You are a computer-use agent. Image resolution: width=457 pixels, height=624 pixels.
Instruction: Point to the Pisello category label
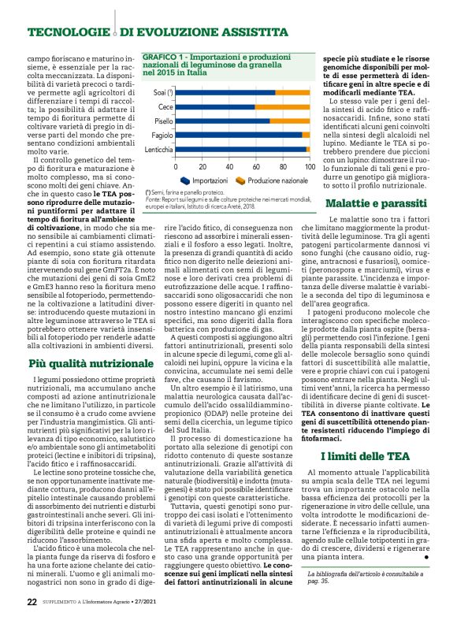(x=164, y=121)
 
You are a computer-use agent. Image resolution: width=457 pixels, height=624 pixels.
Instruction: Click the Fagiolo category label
(x=163, y=135)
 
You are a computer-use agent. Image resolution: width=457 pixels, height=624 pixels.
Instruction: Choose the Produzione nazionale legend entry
(x=270, y=180)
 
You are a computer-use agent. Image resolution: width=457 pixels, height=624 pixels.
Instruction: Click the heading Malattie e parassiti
(x=381, y=203)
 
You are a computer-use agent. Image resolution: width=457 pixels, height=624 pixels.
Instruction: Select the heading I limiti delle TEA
(x=381, y=433)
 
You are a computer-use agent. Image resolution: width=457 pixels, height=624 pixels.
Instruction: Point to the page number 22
(x=32, y=601)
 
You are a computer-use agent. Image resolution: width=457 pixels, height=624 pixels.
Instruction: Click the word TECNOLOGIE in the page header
(x=66, y=33)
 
